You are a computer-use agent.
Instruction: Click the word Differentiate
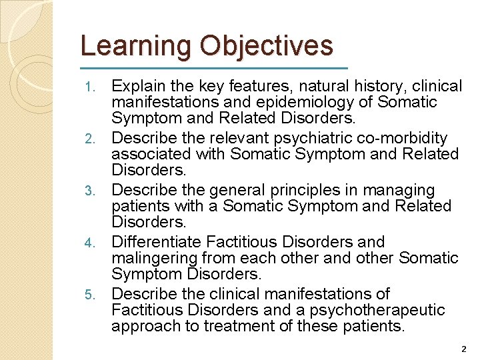pos(157,242)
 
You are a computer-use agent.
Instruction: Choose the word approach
pos(145,326)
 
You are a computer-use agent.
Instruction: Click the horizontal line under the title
pos(213,68)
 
